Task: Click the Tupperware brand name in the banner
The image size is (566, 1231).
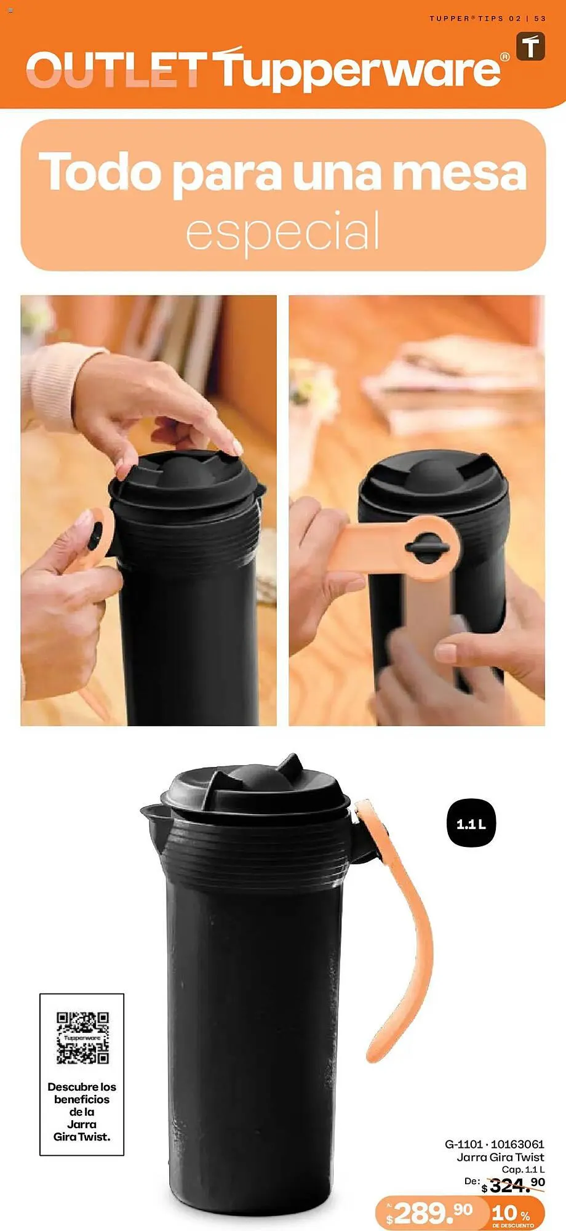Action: [360, 69]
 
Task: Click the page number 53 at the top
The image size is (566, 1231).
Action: [540, 18]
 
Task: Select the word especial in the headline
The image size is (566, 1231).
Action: [283, 231]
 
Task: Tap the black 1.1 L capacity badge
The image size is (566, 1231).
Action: [471, 824]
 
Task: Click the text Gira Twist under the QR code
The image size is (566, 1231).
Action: [82, 1136]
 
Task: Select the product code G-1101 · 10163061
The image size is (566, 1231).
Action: [494, 1144]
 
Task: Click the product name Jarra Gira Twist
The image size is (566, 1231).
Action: [500, 1157]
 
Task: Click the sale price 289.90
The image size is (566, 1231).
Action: [431, 1213]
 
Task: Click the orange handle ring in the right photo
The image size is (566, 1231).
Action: [431, 547]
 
